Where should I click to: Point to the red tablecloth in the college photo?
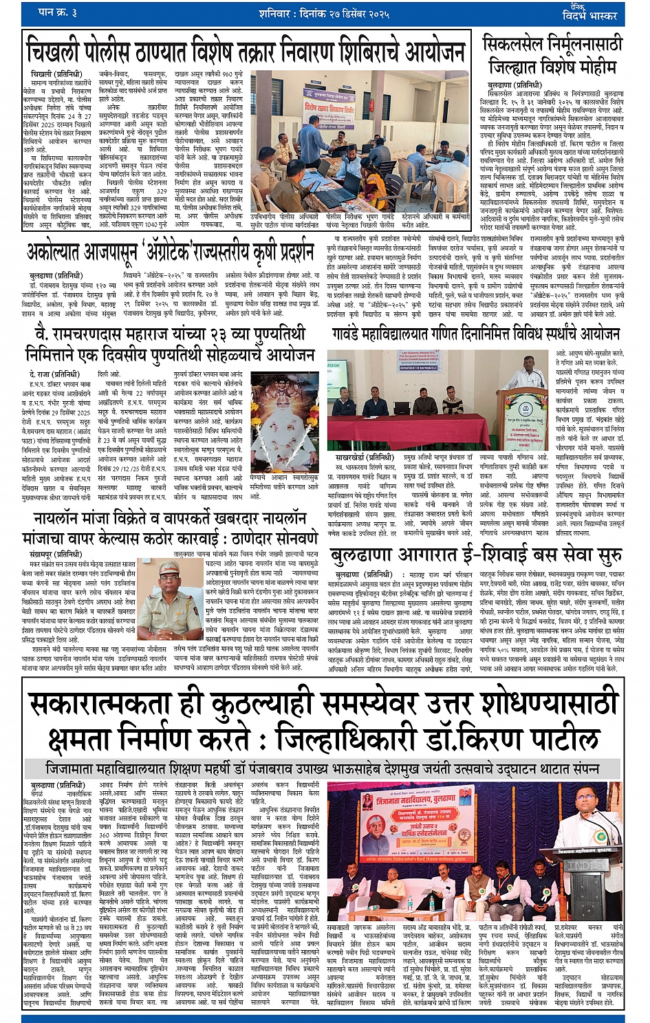(396, 430)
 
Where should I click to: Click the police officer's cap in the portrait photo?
(169, 567)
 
